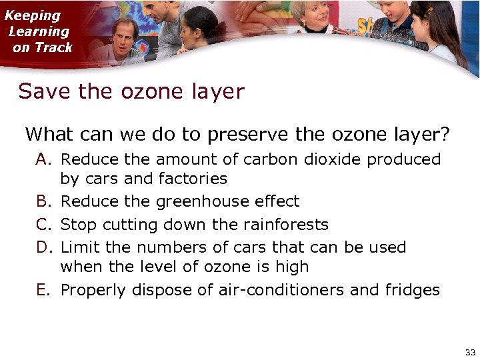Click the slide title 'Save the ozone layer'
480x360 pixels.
tap(131, 91)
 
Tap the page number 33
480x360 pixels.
tap(470, 351)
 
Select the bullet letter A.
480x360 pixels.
tap(43, 160)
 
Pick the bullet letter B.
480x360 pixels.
tap(43, 201)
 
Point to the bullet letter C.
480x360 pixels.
tap(43, 224)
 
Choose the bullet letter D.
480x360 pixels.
tap(43, 247)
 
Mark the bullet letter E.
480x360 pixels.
tap(43, 290)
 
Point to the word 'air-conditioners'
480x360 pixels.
tap(276, 290)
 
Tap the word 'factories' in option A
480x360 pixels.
tap(193, 179)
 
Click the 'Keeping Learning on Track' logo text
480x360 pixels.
tap(39, 31)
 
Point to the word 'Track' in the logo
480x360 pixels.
tap(53, 47)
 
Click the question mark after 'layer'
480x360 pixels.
tap(445, 134)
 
